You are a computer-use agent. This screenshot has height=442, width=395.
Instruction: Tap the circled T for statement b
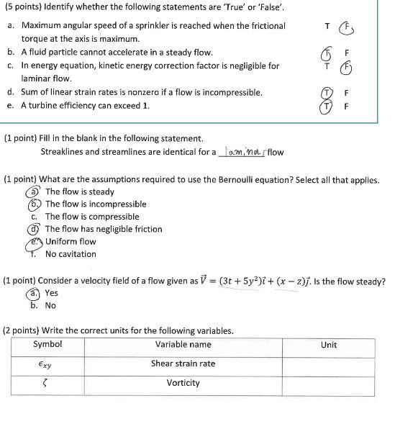327,54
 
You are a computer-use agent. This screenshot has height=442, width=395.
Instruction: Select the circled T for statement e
327,106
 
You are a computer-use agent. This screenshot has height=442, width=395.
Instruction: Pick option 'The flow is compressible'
92,217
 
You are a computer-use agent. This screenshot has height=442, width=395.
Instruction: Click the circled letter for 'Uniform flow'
32,241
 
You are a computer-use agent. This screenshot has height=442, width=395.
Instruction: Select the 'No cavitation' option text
71,254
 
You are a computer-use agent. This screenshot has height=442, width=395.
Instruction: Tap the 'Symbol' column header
47,345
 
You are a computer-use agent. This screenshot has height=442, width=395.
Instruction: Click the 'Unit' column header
328,345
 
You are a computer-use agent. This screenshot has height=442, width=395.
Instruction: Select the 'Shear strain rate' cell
183,364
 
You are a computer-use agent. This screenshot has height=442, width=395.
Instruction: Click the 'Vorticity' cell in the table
183,382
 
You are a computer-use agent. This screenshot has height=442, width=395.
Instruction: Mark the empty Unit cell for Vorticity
328,382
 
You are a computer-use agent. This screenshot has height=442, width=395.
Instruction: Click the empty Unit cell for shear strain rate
328,364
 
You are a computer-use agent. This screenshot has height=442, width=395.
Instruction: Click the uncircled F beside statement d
348,93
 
